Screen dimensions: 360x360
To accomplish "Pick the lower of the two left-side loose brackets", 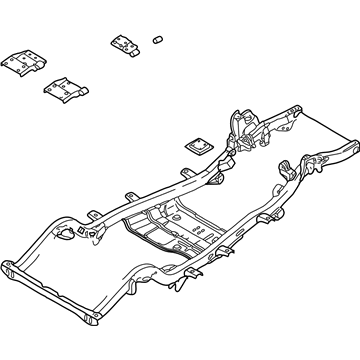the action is point(65,91).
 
